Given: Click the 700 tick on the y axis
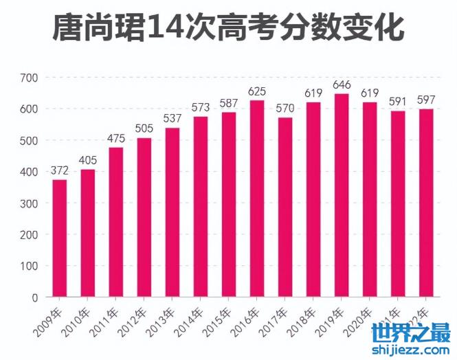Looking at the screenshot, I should [29, 78].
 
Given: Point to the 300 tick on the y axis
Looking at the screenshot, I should [29, 203].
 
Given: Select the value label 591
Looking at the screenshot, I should [398, 102].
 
